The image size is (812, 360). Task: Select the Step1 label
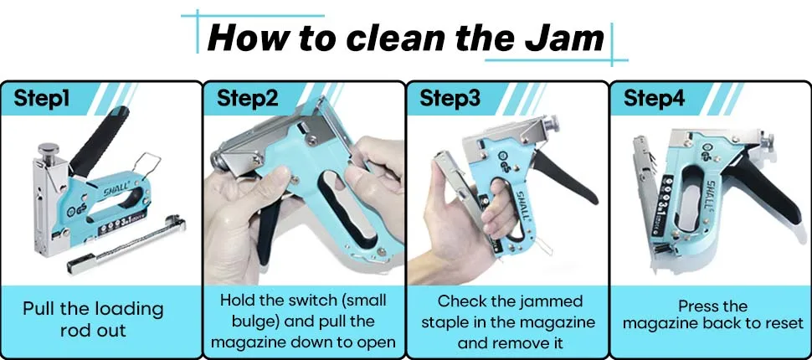tap(43, 98)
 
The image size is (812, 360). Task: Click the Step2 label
tap(247, 98)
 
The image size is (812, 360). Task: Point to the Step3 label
tap(450, 98)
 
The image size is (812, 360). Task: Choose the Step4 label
tap(654, 98)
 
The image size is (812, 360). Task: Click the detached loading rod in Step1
tap(126, 244)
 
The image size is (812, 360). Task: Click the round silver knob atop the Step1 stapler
tap(48, 150)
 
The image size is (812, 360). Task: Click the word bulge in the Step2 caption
tap(246, 322)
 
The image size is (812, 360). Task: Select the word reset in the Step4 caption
tap(782, 323)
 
